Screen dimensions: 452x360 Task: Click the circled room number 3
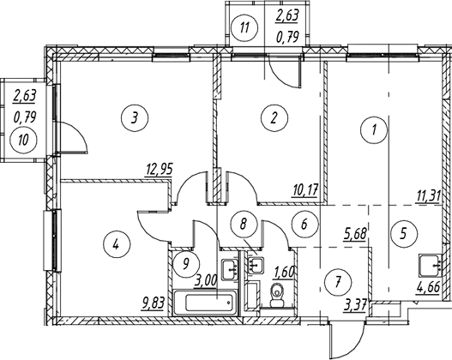(135, 117)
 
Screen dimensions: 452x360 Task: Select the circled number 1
(374, 130)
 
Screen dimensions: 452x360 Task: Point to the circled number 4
(117, 244)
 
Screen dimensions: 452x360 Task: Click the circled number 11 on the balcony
(244, 28)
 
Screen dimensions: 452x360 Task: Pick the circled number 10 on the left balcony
(24, 141)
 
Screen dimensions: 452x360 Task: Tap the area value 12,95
(159, 170)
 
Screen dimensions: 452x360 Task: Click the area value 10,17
(304, 190)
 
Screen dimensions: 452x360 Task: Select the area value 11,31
(428, 197)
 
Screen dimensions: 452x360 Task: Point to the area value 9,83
(153, 303)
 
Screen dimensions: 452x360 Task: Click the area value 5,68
(355, 234)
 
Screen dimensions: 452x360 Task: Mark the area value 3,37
(355, 305)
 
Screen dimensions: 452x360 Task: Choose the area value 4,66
(428, 287)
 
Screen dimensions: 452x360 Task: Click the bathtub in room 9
(205, 303)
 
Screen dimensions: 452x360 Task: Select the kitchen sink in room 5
(430, 266)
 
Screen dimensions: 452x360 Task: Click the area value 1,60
(284, 272)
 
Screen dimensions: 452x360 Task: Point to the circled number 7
(338, 281)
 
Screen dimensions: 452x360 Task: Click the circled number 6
(304, 224)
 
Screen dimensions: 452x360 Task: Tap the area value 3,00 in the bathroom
(205, 280)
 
